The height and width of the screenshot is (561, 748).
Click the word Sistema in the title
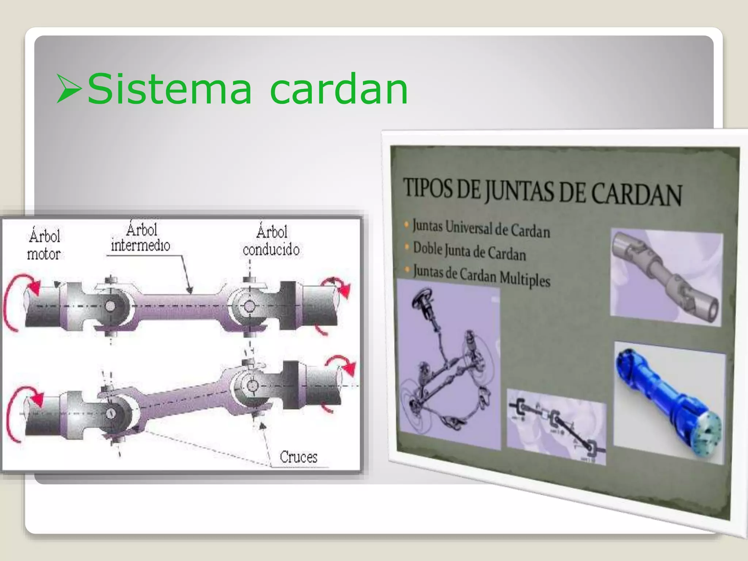pyautogui.click(x=169, y=89)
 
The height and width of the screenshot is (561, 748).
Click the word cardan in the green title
pyautogui.click(x=339, y=89)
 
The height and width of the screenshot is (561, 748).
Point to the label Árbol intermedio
pyautogui.click(x=141, y=238)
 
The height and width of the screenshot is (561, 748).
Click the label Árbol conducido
pyautogui.click(x=271, y=241)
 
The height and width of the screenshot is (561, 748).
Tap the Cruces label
pyautogui.click(x=298, y=457)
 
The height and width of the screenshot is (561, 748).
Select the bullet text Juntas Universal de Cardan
pyautogui.click(x=481, y=228)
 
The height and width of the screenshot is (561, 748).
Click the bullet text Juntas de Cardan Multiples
pyautogui.click(x=481, y=275)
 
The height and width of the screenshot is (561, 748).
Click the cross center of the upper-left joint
pyautogui.click(x=110, y=306)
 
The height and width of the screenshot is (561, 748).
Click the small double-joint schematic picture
pyautogui.click(x=556, y=425)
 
